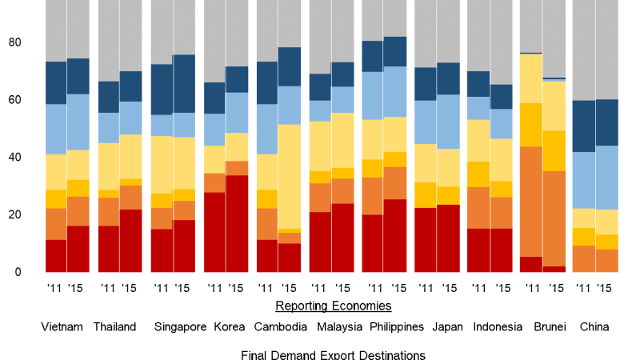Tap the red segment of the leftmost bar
pyautogui.click(x=56, y=256)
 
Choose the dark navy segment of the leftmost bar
pyautogui.click(x=56, y=82)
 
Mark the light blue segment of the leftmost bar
pyautogui.click(x=56, y=129)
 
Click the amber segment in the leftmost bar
pyautogui.click(x=56, y=198)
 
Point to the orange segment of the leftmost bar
pyautogui.click(x=56, y=223)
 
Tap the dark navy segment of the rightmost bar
pyautogui.click(x=606, y=122)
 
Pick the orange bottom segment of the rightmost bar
pyautogui.click(x=606, y=261)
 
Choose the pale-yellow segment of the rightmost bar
pyautogui.click(x=606, y=222)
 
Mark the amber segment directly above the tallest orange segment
pyautogui.click(x=530, y=125)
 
